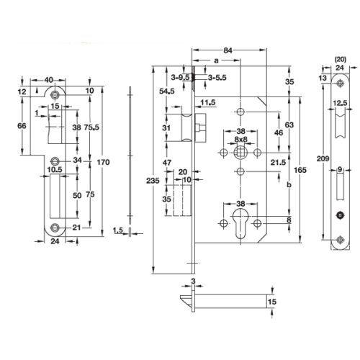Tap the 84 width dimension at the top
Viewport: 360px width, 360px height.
[x=228, y=50]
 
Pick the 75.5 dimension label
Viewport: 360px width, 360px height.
[x=89, y=127]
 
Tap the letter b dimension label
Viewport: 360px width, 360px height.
[x=288, y=185]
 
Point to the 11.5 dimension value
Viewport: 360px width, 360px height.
[x=209, y=102]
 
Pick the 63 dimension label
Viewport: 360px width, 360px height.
[x=288, y=124]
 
